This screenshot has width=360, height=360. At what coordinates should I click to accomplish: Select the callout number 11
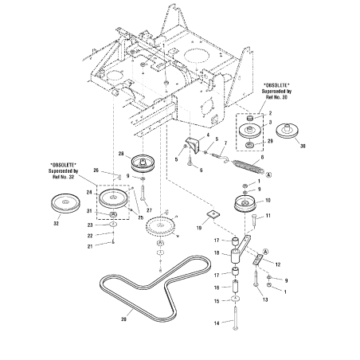268,216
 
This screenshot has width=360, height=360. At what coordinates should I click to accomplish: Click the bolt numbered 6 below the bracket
190,163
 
